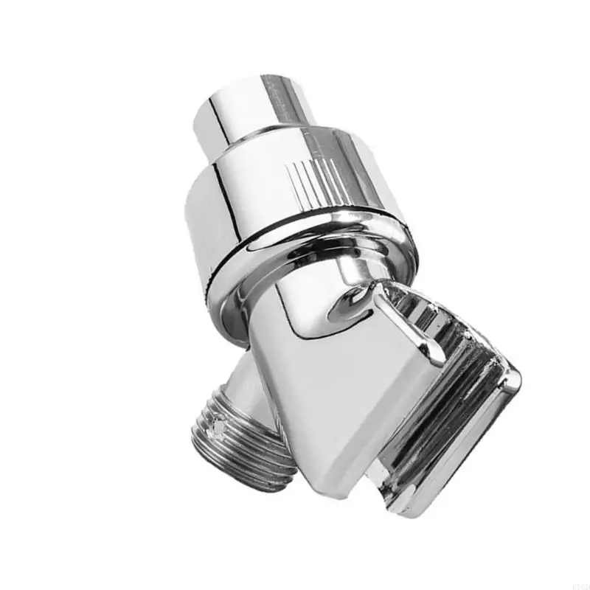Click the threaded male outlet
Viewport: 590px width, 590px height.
pos(229,442)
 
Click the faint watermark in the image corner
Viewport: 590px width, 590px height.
pos(575,583)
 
